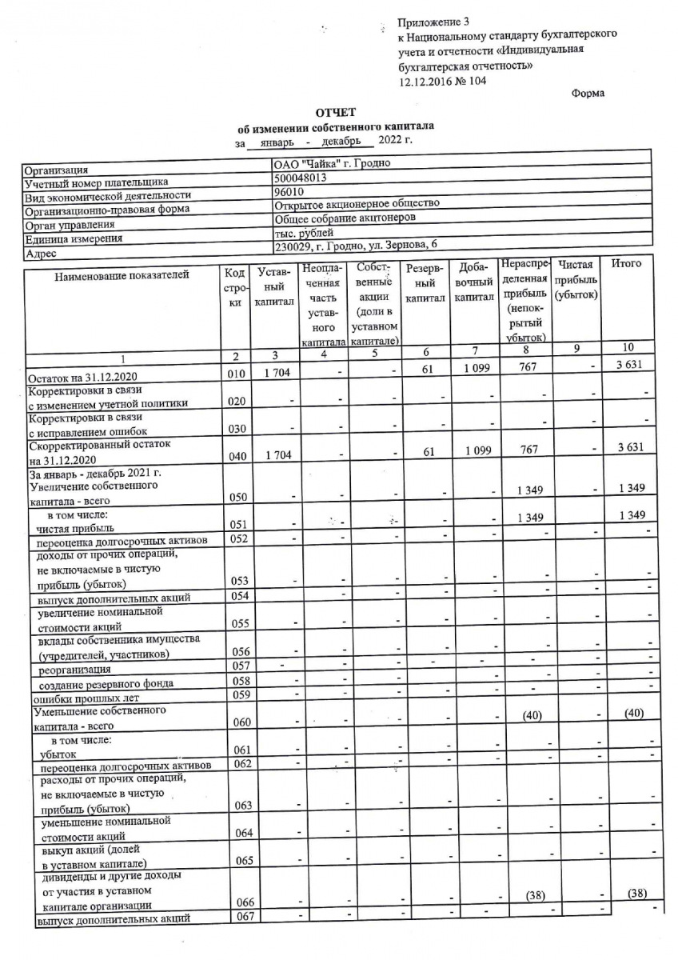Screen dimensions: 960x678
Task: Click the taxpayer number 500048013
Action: [300, 179]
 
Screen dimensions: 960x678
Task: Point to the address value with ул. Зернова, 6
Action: [355, 244]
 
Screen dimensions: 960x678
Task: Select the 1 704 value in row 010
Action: [274, 374]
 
